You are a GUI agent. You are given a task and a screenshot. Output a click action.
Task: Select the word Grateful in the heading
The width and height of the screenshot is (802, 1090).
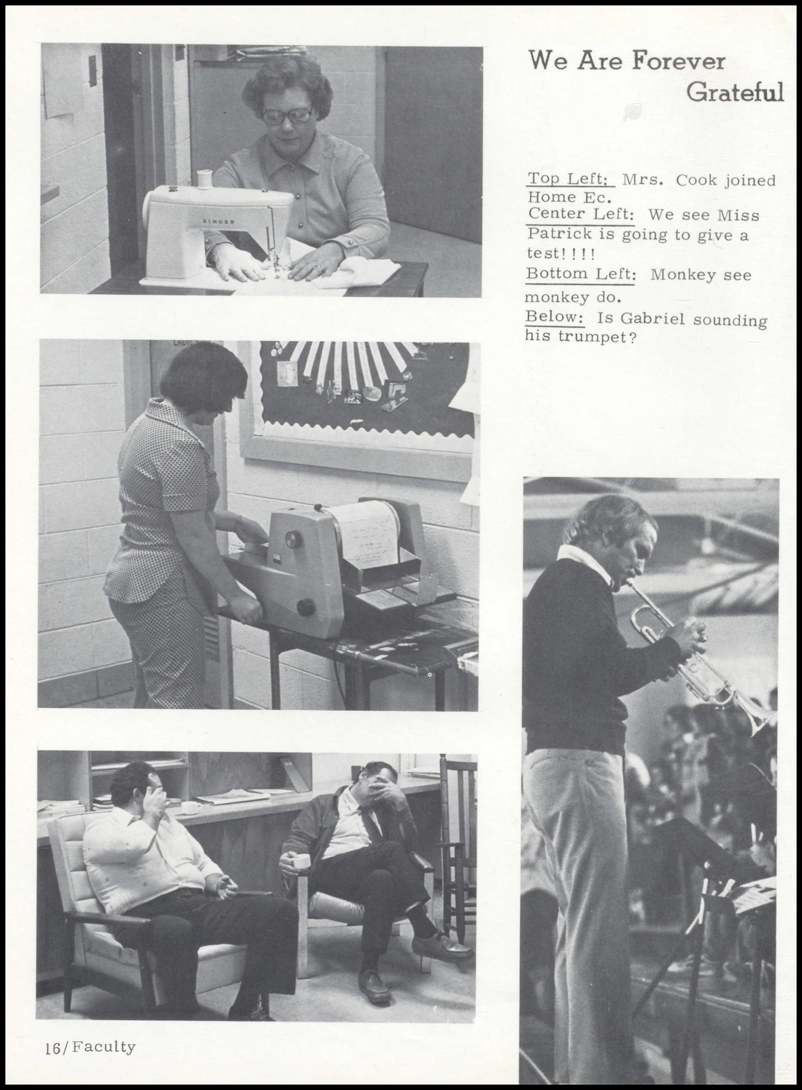pyautogui.click(x=735, y=92)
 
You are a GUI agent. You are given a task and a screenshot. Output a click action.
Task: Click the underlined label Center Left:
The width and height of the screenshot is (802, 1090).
pyautogui.click(x=581, y=214)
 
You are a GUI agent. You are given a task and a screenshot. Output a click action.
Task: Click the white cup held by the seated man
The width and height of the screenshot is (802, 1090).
pyautogui.click(x=299, y=860)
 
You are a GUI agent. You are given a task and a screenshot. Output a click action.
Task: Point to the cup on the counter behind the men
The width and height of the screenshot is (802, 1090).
pyautogui.click(x=190, y=807)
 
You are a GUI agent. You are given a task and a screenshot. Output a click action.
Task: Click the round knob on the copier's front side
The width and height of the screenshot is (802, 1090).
pyautogui.click(x=305, y=608)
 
